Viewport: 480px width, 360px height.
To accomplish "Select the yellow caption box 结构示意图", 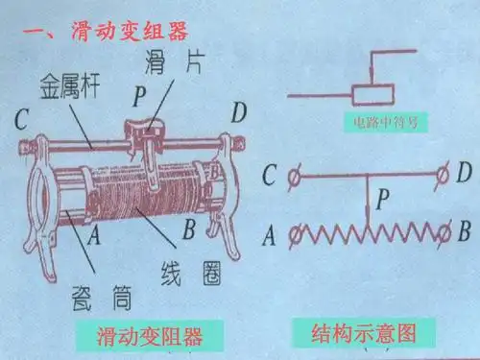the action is coord(360,332).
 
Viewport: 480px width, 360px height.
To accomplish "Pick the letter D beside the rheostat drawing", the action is coord(239,114).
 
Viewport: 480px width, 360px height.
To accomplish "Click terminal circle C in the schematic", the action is coord(297,174).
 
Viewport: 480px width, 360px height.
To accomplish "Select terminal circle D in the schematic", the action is coord(443,174).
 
